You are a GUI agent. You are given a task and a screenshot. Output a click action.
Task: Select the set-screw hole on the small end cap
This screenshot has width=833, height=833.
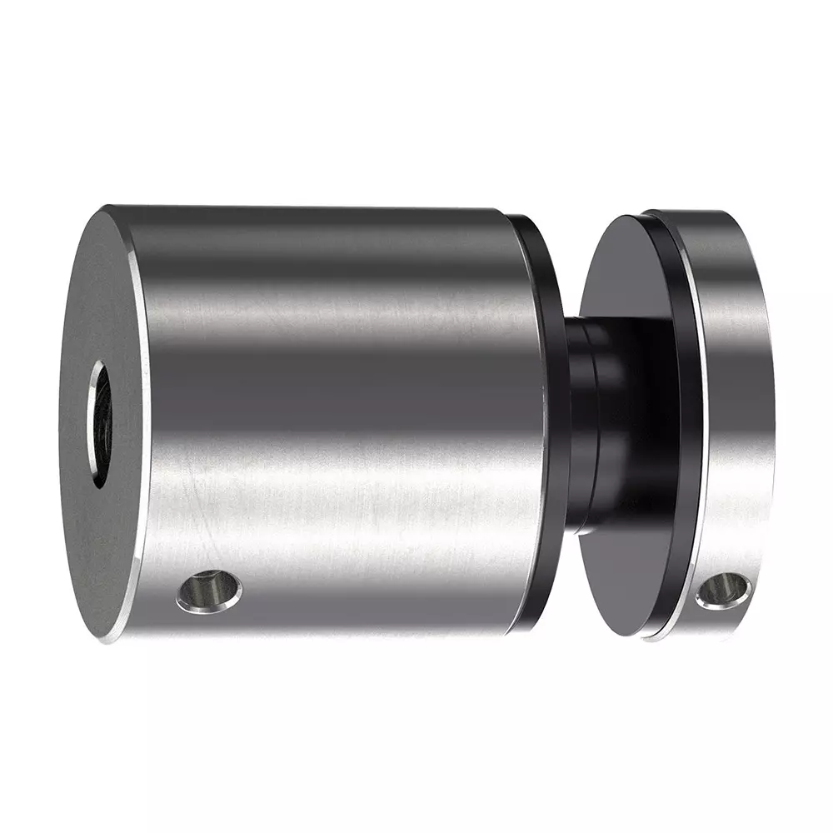tap(722, 589)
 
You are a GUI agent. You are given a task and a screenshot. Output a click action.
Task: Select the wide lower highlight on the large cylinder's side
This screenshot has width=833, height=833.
tap(333, 508)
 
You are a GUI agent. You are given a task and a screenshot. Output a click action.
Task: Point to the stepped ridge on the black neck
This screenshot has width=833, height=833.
tap(593, 425)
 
